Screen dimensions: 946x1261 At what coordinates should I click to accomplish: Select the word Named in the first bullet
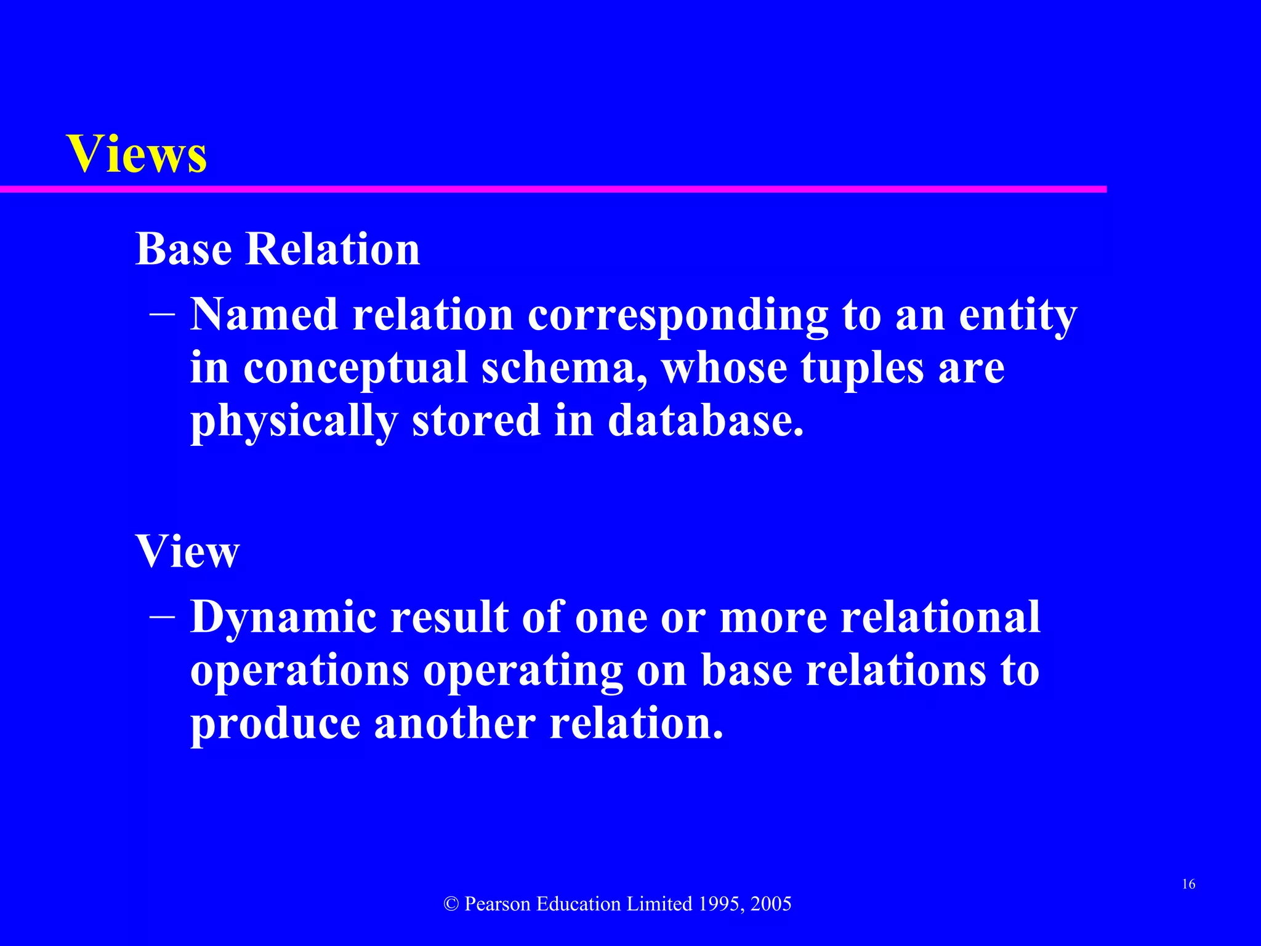tap(264, 315)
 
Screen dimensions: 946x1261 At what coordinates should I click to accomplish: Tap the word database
tap(706, 421)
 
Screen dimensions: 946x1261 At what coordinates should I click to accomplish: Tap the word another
tap(455, 724)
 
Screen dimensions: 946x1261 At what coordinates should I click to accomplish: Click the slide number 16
tap(1188, 884)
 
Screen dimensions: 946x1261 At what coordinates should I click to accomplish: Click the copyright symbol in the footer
tap(451, 904)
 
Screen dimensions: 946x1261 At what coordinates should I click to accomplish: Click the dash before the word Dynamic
tap(162, 617)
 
